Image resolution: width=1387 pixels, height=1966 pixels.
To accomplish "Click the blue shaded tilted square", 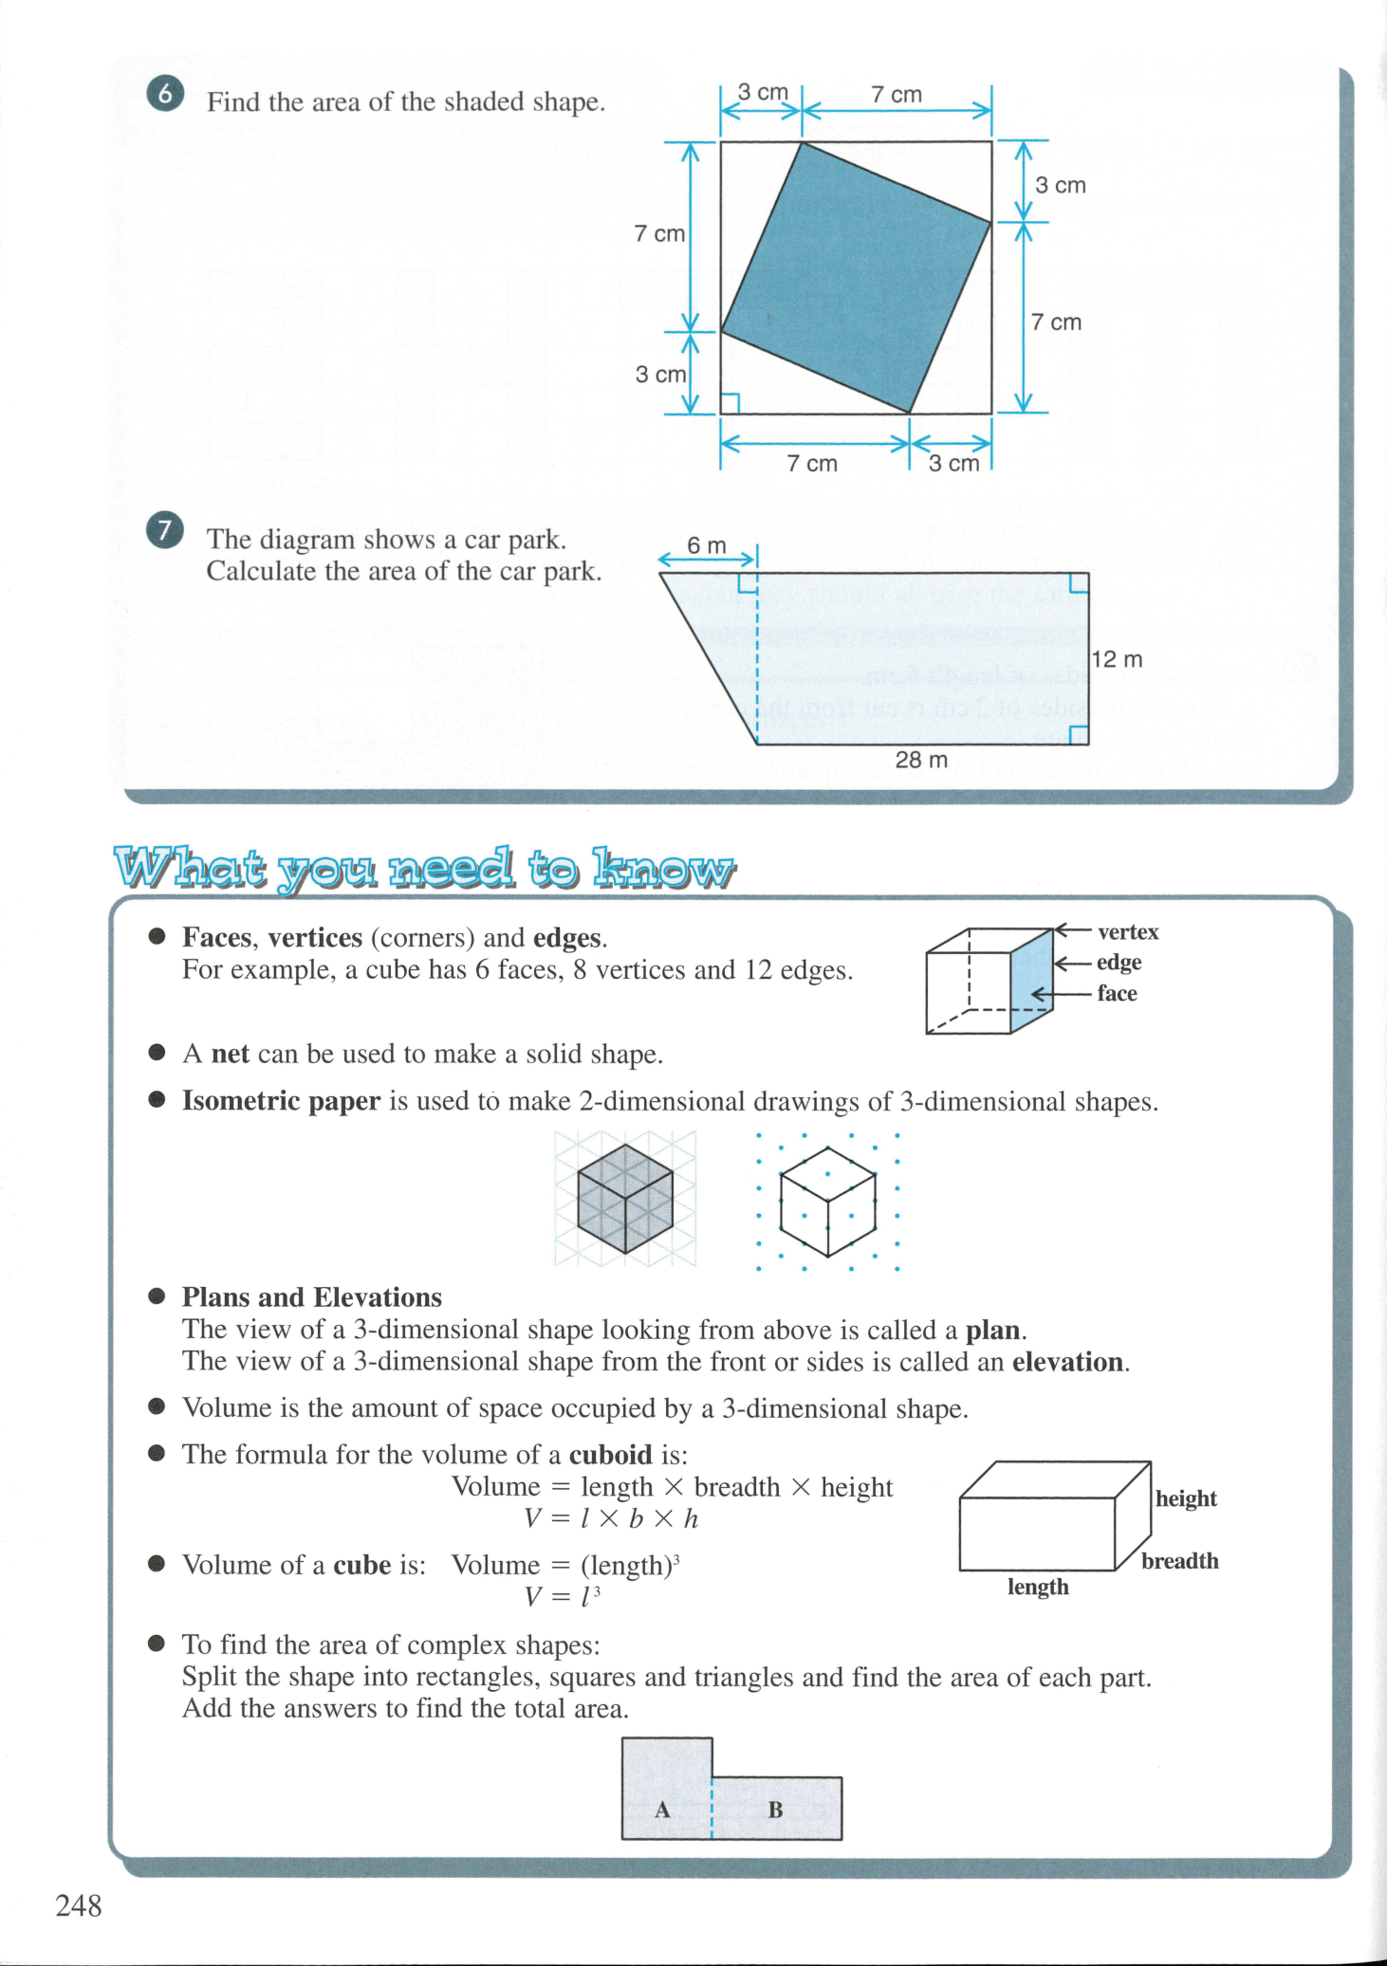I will click(857, 277).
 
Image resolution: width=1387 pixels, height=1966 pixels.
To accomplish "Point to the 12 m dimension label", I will click(1117, 659).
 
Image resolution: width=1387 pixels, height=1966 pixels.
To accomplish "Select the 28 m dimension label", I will click(921, 760).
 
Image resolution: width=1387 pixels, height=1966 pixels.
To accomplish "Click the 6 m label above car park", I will click(706, 545).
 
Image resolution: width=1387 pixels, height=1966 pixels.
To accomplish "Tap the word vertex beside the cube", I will click(1128, 932).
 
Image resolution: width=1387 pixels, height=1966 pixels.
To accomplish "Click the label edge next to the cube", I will click(1119, 963).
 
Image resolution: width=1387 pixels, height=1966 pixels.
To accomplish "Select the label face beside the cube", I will click(1117, 993).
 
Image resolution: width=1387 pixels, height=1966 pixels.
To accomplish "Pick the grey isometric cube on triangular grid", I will click(625, 1199).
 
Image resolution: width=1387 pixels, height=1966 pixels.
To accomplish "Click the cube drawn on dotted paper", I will click(827, 1201).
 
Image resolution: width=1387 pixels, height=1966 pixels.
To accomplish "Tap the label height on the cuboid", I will click(1186, 1498).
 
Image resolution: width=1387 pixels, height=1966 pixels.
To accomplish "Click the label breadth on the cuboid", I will click(1179, 1561).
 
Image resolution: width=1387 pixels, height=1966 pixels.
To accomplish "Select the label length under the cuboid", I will click(1038, 1587).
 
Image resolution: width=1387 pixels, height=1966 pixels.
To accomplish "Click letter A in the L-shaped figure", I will click(662, 1810).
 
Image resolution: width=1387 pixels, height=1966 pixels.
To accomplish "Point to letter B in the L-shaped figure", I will click(775, 1810).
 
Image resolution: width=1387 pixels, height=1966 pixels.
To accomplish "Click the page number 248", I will click(79, 1905).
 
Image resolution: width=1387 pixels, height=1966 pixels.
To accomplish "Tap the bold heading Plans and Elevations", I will click(312, 1297).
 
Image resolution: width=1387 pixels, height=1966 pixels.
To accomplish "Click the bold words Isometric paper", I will click(281, 1101).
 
